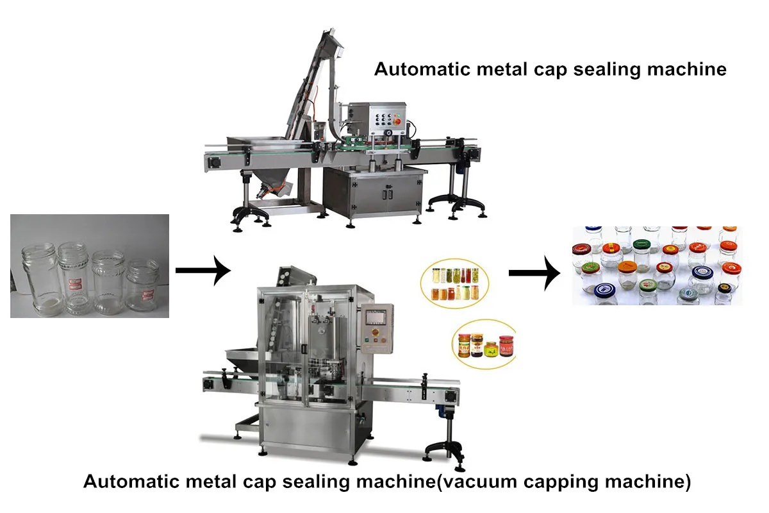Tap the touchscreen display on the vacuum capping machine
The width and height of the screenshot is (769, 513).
(374, 319)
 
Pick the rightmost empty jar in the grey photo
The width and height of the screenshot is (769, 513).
(142, 284)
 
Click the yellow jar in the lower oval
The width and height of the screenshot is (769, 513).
(491, 350)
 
